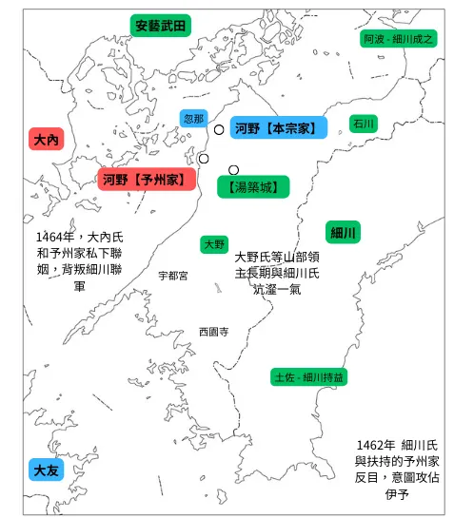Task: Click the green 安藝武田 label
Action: coord(160,26)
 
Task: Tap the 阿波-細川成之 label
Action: coord(399,40)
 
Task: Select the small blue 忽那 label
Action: coord(193,119)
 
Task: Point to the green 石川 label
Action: coord(364,123)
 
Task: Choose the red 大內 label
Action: coord(46,140)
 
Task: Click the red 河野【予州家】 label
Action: coord(146,179)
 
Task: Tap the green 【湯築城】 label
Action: coord(252,187)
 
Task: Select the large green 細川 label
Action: coord(344,233)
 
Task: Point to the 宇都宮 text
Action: coord(173,276)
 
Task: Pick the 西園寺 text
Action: coord(213,332)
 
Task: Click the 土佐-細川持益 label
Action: coord(308,377)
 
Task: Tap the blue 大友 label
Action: coord(46,470)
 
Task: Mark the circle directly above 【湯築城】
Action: coord(233,170)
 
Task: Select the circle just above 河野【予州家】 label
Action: coord(203,159)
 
